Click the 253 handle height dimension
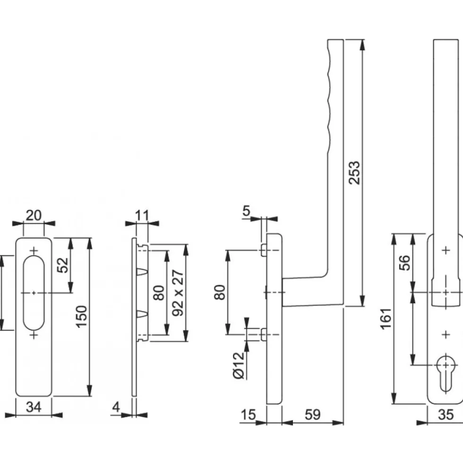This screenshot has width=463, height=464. (x=354, y=173)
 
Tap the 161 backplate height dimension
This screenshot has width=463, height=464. (x=386, y=319)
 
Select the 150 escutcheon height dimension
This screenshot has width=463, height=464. (x=81, y=316)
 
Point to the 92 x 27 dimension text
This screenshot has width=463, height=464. (x=178, y=293)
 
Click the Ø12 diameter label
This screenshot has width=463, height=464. (x=239, y=366)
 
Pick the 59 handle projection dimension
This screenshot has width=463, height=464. (x=312, y=415)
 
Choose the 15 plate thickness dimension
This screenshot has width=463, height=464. (x=248, y=415)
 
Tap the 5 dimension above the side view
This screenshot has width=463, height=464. (x=246, y=211)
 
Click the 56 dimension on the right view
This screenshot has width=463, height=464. (x=405, y=263)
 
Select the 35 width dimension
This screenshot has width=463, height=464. (x=446, y=415)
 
